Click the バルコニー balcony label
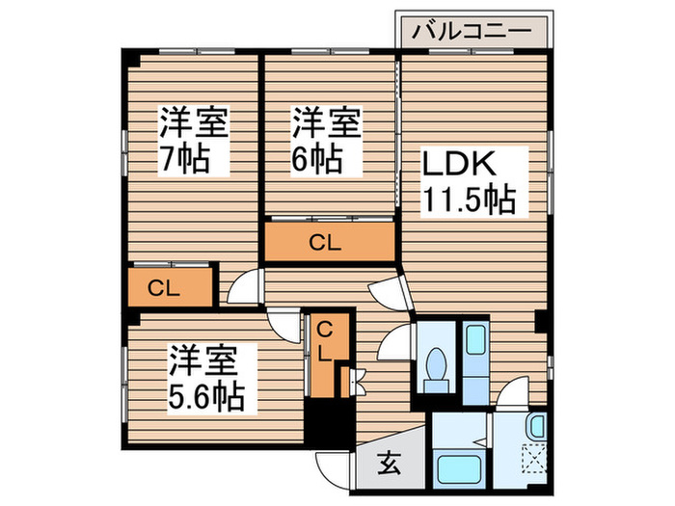point(472,32)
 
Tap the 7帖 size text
point(185,160)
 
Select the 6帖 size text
point(317,160)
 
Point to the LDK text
point(459,164)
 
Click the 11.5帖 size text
point(471,200)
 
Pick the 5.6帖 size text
point(206,396)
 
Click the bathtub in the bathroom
point(459,469)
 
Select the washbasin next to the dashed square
point(536,426)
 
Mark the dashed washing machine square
point(534,458)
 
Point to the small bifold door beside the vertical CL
point(358,382)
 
